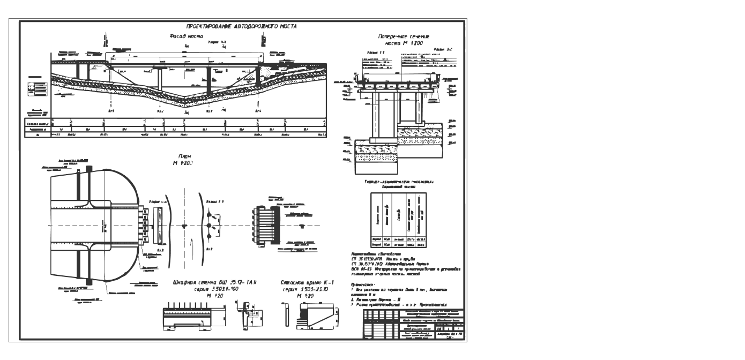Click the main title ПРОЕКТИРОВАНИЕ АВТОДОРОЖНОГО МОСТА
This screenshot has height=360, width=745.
(x=241, y=26)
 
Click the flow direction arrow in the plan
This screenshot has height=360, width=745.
(x=184, y=226)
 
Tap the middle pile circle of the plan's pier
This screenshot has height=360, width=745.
(x=210, y=226)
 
